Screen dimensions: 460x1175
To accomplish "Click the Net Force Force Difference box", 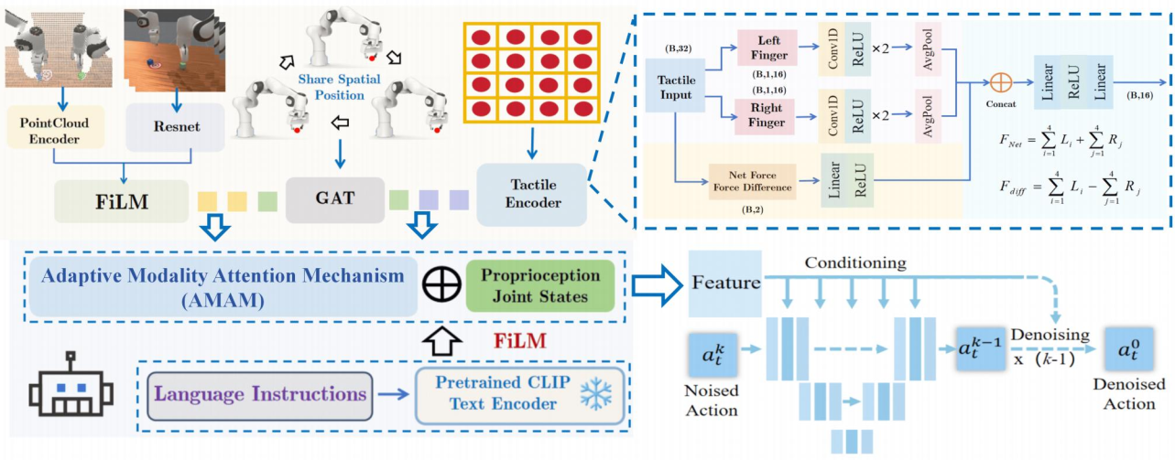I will tap(752, 180).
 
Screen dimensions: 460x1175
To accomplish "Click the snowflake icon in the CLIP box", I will tap(599, 395).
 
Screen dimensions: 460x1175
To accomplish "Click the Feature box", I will tap(725, 282).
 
